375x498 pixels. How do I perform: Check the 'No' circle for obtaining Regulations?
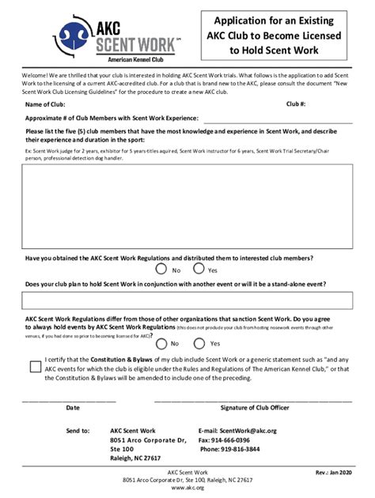tap(161, 270)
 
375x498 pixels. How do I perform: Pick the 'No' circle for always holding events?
tap(161, 343)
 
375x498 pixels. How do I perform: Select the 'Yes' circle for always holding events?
tap(197, 343)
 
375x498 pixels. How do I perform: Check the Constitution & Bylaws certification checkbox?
tap(34, 367)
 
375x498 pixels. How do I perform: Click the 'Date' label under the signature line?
tap(73, 408)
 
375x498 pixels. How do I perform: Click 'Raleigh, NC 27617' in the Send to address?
tap(135, 458)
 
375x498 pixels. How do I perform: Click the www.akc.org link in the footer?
tap(187, 489)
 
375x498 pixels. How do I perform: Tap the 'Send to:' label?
tap(78, 431)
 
